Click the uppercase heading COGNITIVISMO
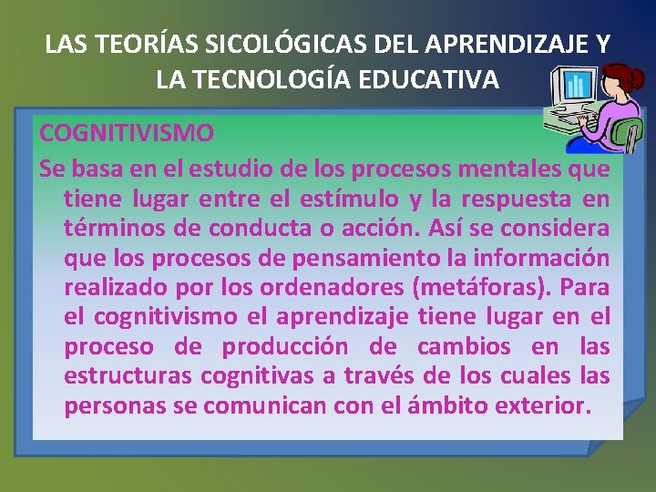tap(127, 133)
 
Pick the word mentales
tap(506, 168)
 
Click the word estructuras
tap(128, 376)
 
